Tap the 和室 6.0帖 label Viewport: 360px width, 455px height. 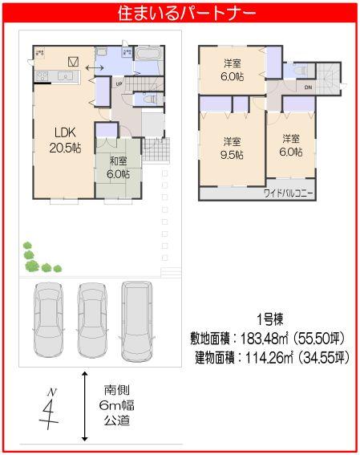point(118,167)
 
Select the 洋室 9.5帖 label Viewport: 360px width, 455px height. point(234,148)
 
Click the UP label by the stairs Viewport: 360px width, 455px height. point(119,83)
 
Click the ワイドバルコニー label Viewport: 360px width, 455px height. point(288,193)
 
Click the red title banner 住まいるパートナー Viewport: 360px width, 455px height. point(180,14)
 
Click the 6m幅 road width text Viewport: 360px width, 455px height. point(115,404)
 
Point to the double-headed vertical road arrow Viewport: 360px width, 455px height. point(85,406)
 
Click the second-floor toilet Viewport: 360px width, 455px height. point(301,71)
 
